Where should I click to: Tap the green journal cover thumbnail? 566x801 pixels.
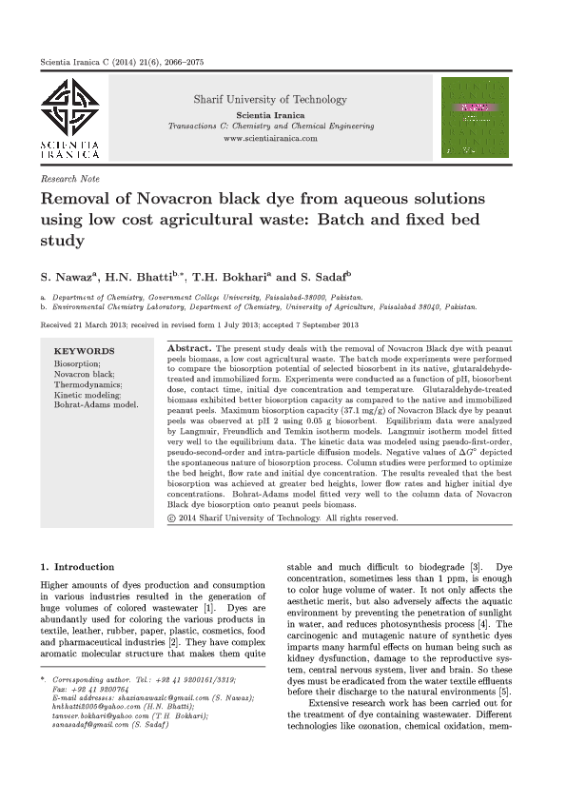[475, 117]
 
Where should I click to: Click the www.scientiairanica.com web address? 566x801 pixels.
[270, 138]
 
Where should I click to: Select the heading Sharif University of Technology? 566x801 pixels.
[270, 99]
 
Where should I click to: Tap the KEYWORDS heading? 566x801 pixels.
[85, 351]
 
